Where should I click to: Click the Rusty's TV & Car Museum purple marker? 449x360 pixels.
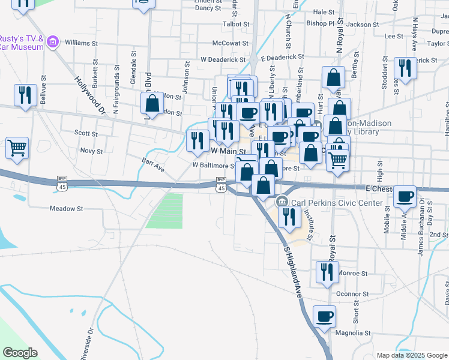[53, 41]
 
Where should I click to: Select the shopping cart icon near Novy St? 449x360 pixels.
[17, 147]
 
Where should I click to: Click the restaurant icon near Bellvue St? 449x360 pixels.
[25, 95]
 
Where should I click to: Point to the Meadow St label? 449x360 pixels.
[66, 209]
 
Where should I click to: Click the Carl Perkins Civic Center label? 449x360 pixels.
[337, 203]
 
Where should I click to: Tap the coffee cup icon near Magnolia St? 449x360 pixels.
[325, 316]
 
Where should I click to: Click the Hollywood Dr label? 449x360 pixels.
[90, 95]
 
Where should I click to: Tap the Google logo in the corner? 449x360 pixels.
[20, 353]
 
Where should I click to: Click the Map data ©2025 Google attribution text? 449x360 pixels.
[412, 355]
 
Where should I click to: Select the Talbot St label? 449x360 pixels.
[235, 24]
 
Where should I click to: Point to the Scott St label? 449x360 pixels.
[85, 133]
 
